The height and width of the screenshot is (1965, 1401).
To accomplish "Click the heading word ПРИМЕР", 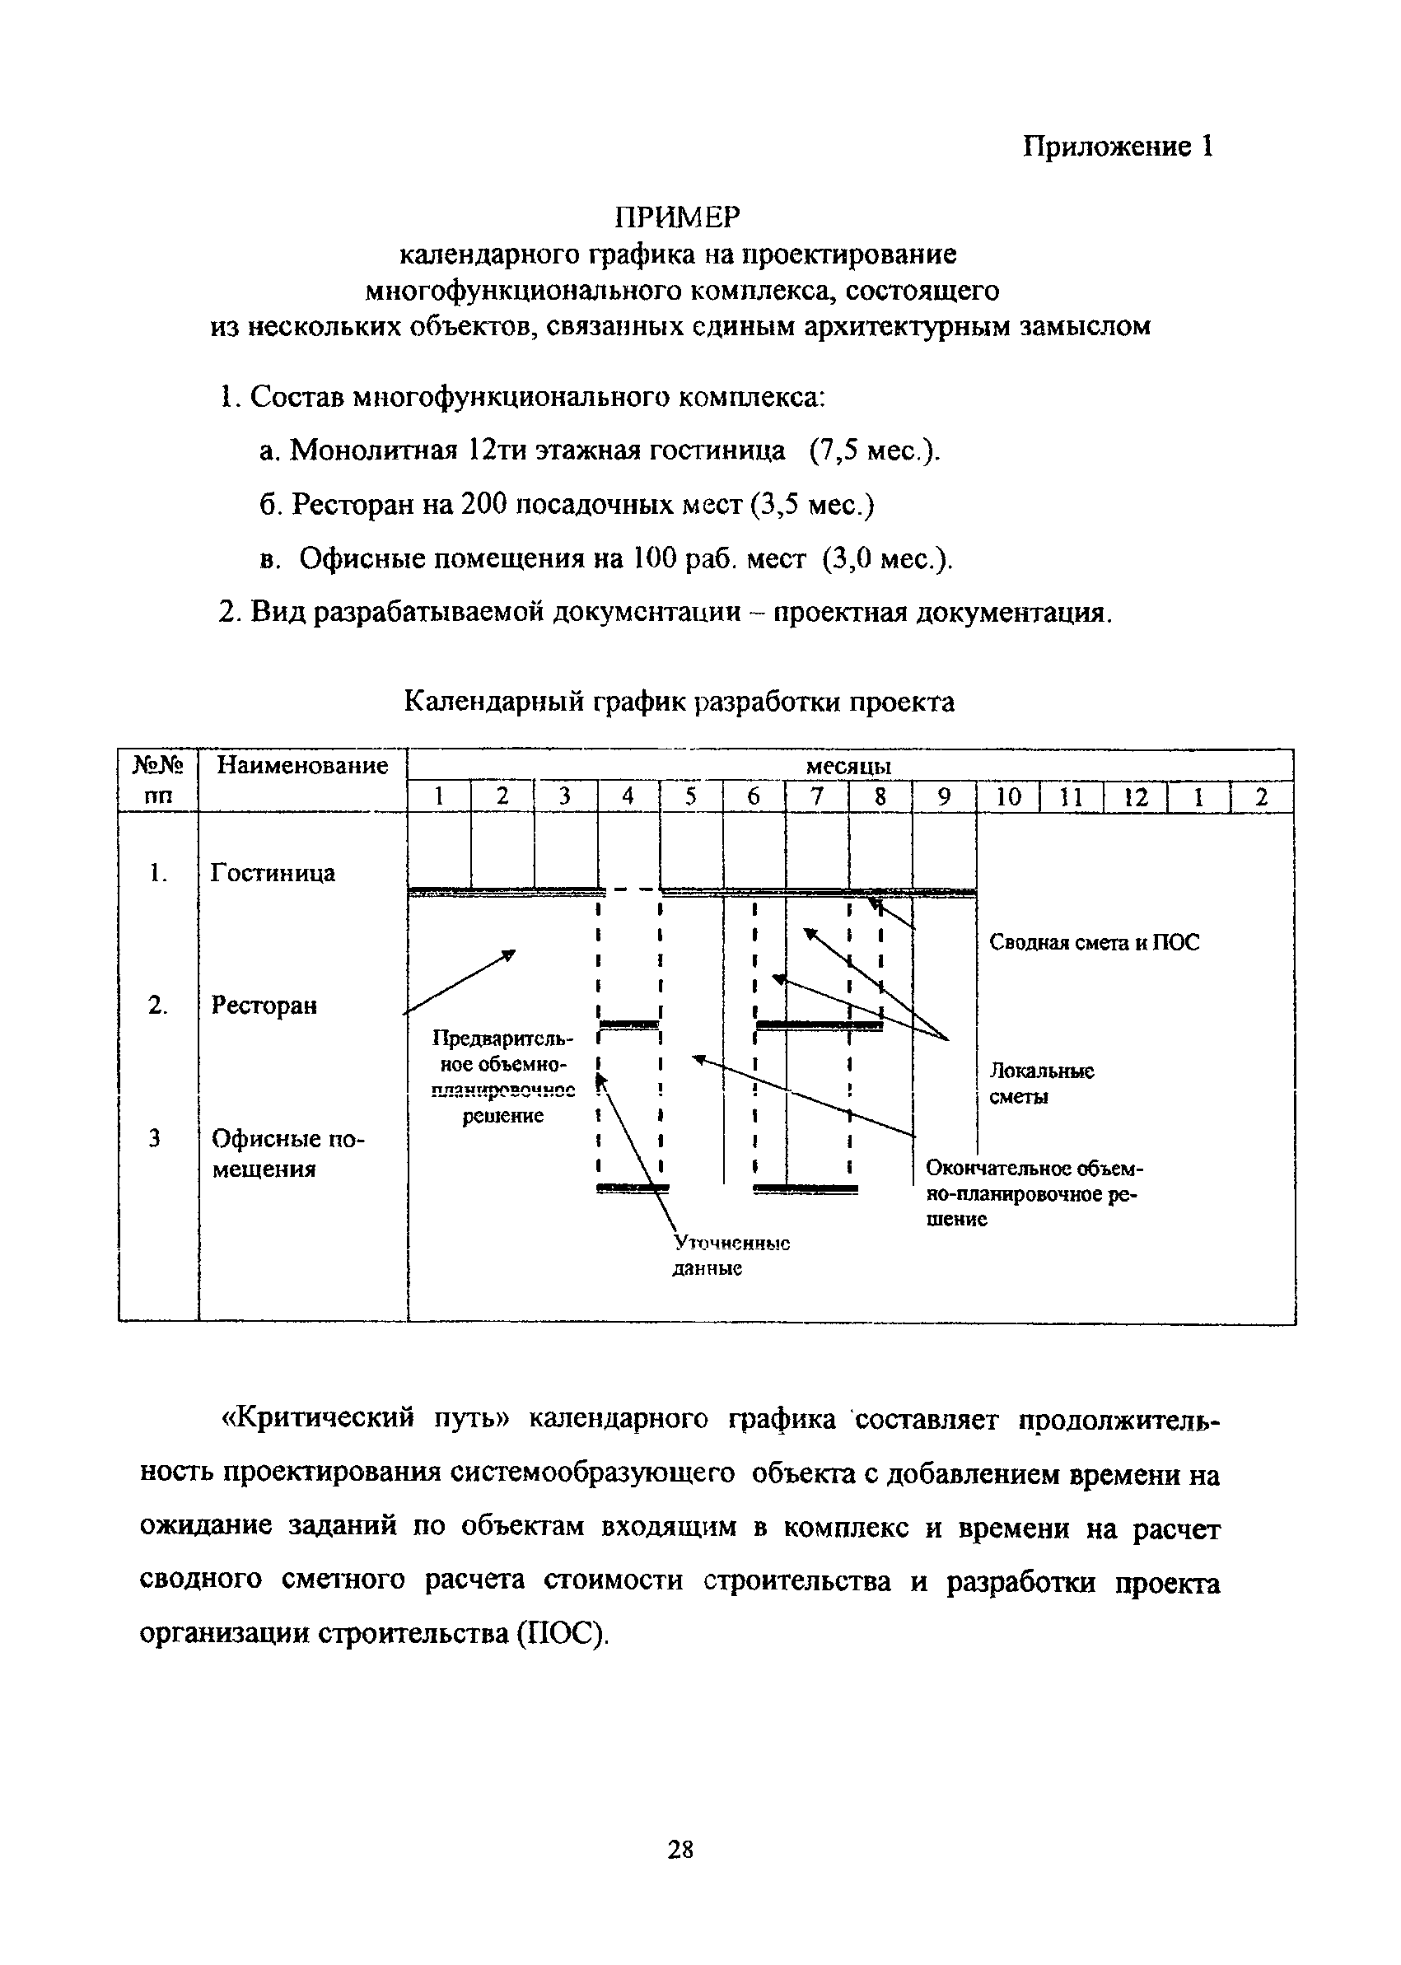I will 677,217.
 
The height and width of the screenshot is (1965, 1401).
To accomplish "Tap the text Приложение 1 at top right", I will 1118,147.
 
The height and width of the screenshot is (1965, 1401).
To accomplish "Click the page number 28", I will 679,1849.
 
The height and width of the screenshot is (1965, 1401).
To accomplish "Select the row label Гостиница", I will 273,873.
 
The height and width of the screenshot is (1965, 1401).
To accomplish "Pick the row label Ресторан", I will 264,1006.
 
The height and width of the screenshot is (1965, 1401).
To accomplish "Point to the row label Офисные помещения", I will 288,1154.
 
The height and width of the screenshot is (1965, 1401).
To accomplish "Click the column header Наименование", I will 302,766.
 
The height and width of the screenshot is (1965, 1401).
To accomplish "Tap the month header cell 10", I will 1007,797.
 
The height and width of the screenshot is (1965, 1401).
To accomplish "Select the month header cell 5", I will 691,797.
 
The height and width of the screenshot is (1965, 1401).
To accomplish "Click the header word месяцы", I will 849,766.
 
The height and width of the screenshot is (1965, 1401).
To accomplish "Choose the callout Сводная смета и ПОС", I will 1094,943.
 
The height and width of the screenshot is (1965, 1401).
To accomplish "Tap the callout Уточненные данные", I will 730,1256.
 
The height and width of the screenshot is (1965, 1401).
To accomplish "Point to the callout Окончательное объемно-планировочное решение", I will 1034,1194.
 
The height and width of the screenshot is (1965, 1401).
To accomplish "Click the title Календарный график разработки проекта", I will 679,702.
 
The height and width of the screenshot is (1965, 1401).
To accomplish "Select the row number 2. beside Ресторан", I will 157,1006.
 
